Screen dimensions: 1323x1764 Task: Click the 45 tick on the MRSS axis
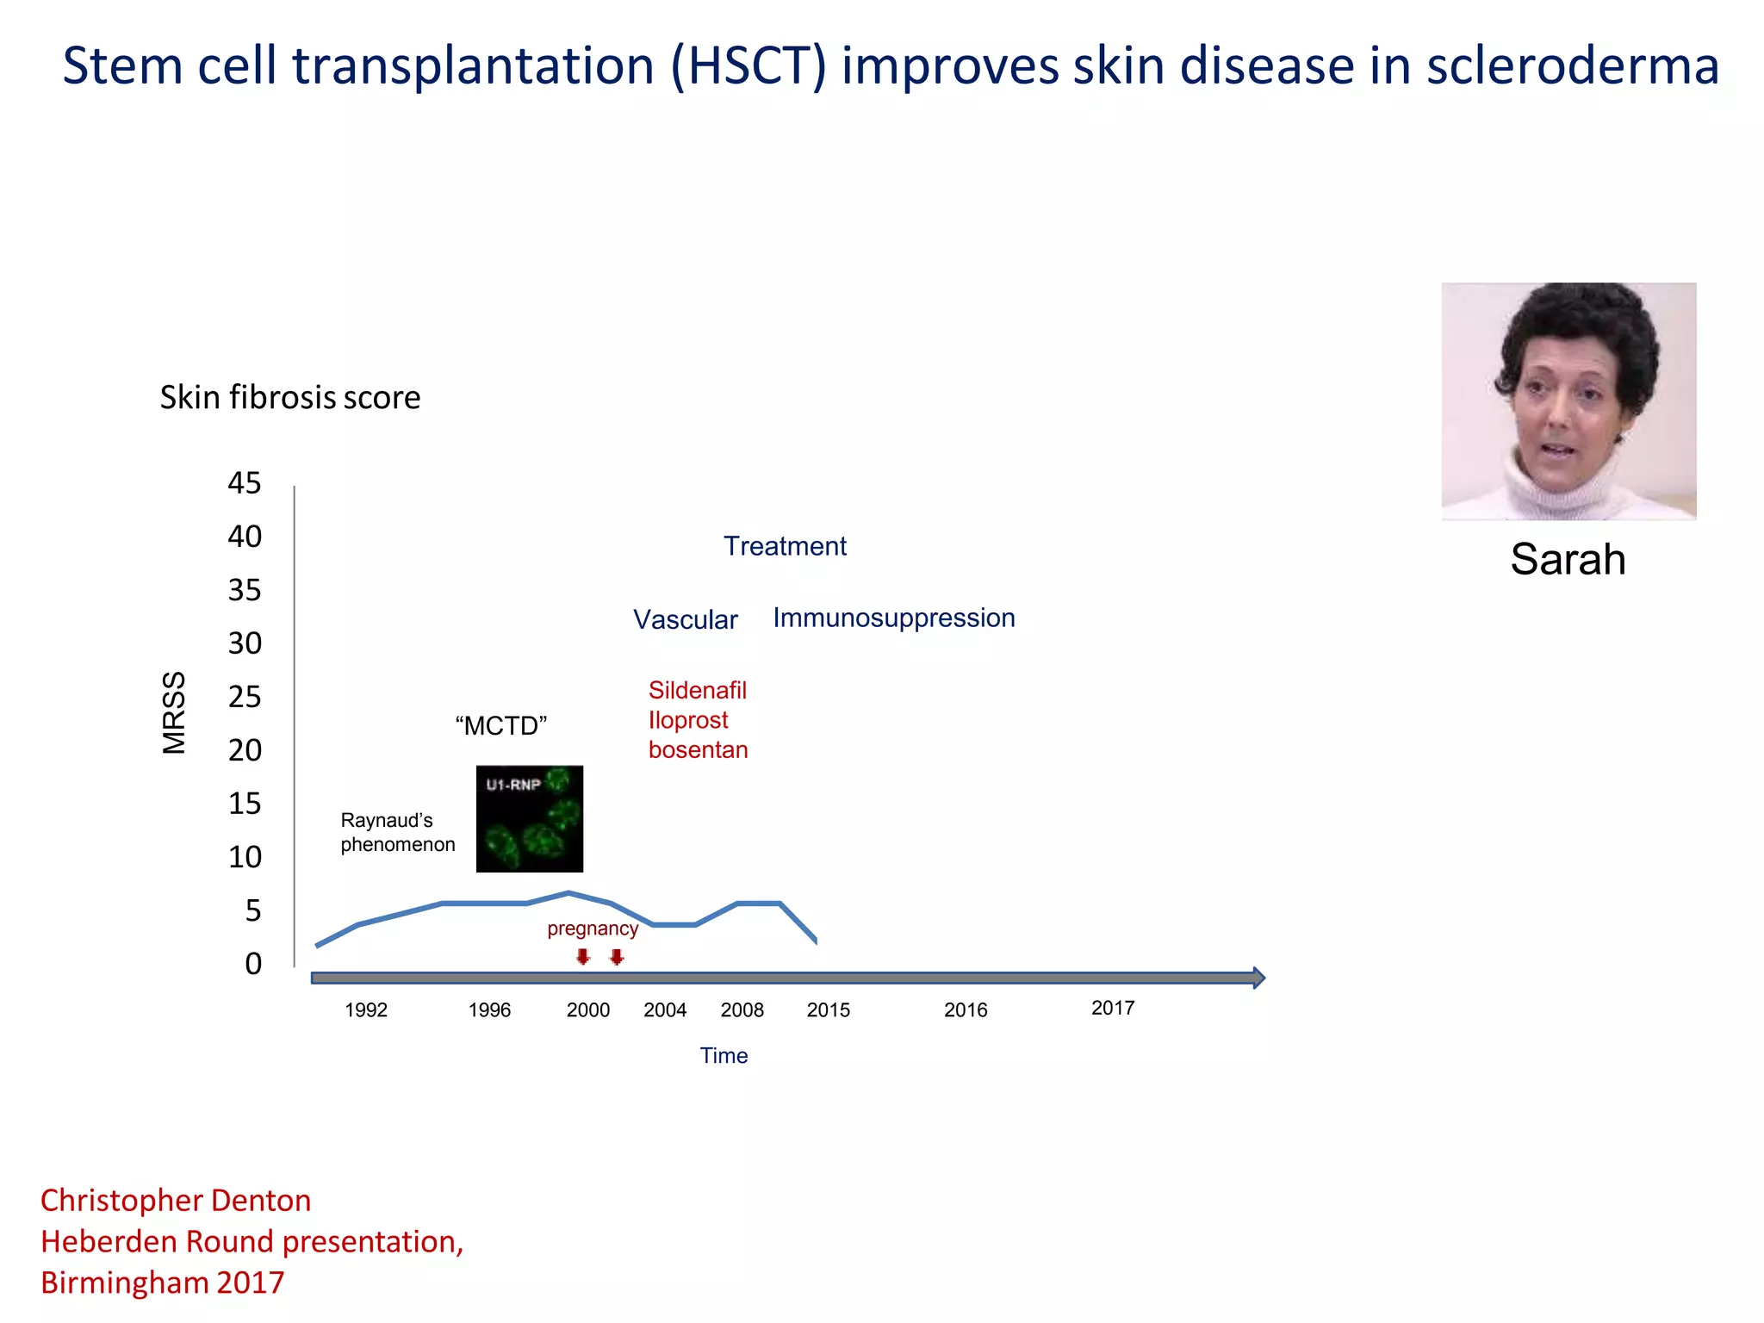pos(245,483)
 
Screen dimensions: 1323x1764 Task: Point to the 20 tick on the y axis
pos(245,750)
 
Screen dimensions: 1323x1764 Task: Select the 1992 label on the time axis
pos(366,1010)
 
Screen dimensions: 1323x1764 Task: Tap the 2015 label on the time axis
pos(828,1010)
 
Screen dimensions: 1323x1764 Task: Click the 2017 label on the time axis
pos(1112,1008)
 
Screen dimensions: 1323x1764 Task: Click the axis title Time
pos(724,1056)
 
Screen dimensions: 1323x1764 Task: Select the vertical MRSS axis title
pos(174,713)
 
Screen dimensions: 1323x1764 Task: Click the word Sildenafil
pos(697,691)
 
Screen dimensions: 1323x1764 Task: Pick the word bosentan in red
pos(698,750)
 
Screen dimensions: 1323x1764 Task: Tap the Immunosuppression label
pos(893,618)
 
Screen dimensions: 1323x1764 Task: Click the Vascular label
pos(685,620)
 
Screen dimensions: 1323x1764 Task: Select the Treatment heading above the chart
pos(785,546)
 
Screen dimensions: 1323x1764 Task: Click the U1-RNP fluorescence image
pos(529,818)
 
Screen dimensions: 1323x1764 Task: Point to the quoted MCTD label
pos(500,726)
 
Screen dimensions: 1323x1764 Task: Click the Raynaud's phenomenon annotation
pos(397,832)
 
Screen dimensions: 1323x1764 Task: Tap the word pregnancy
pos(593,929)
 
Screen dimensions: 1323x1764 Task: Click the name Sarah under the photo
pos(1567,560)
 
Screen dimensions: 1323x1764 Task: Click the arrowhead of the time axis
pos(1258,978)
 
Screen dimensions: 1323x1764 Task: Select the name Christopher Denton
pos(176,1201)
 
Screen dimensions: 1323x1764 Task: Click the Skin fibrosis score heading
pos(290,398)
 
